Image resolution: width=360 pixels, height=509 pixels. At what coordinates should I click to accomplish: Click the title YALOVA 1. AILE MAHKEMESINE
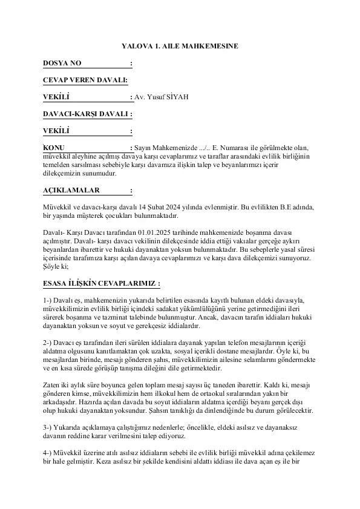[x=180, y=45]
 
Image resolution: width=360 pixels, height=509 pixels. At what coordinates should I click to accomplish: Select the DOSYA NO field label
[x=62, y=63]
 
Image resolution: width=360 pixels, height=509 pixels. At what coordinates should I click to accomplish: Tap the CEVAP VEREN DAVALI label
[x=85, y=80]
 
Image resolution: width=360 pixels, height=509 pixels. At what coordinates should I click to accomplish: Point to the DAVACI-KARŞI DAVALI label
[x=87, y=113]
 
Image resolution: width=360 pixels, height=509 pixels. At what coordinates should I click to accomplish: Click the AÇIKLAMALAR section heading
[x=71, y=189]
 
